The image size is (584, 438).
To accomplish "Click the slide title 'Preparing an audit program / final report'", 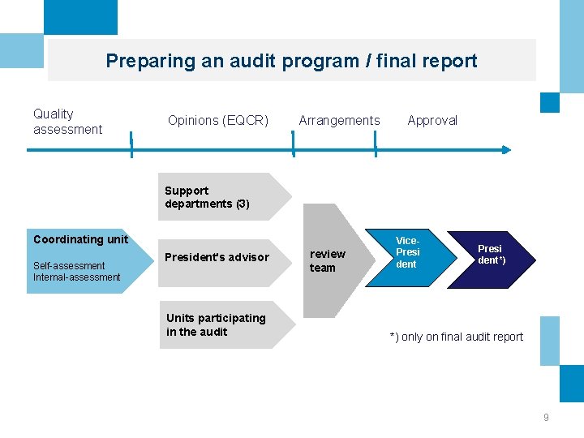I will [x=291, y=61].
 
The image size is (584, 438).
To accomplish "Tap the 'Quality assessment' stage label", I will [x=67, y=122].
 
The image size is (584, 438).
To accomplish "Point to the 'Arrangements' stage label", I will [x=339, y=121].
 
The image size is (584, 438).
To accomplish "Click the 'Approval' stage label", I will [x=432, y=121].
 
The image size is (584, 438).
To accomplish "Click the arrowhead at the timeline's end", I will [x=506, y=149].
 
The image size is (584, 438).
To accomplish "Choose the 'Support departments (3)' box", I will [x=223, y=197].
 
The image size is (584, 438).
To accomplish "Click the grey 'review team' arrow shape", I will [x=333, y=260].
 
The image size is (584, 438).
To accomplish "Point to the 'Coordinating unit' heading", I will [x=80, y=239].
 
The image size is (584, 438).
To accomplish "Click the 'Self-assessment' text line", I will [x=69, y=265].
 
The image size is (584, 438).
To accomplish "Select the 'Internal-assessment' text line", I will [x=76, y=277].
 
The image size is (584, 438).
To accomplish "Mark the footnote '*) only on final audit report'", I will [x=456, y=337].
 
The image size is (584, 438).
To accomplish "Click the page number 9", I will [x=546, y=417].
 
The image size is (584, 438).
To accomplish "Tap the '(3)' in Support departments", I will [x=243, y=204].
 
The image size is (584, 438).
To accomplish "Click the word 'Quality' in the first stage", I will [x=53, y=114].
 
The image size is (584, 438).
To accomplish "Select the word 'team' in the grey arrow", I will [x=322, y=268].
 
